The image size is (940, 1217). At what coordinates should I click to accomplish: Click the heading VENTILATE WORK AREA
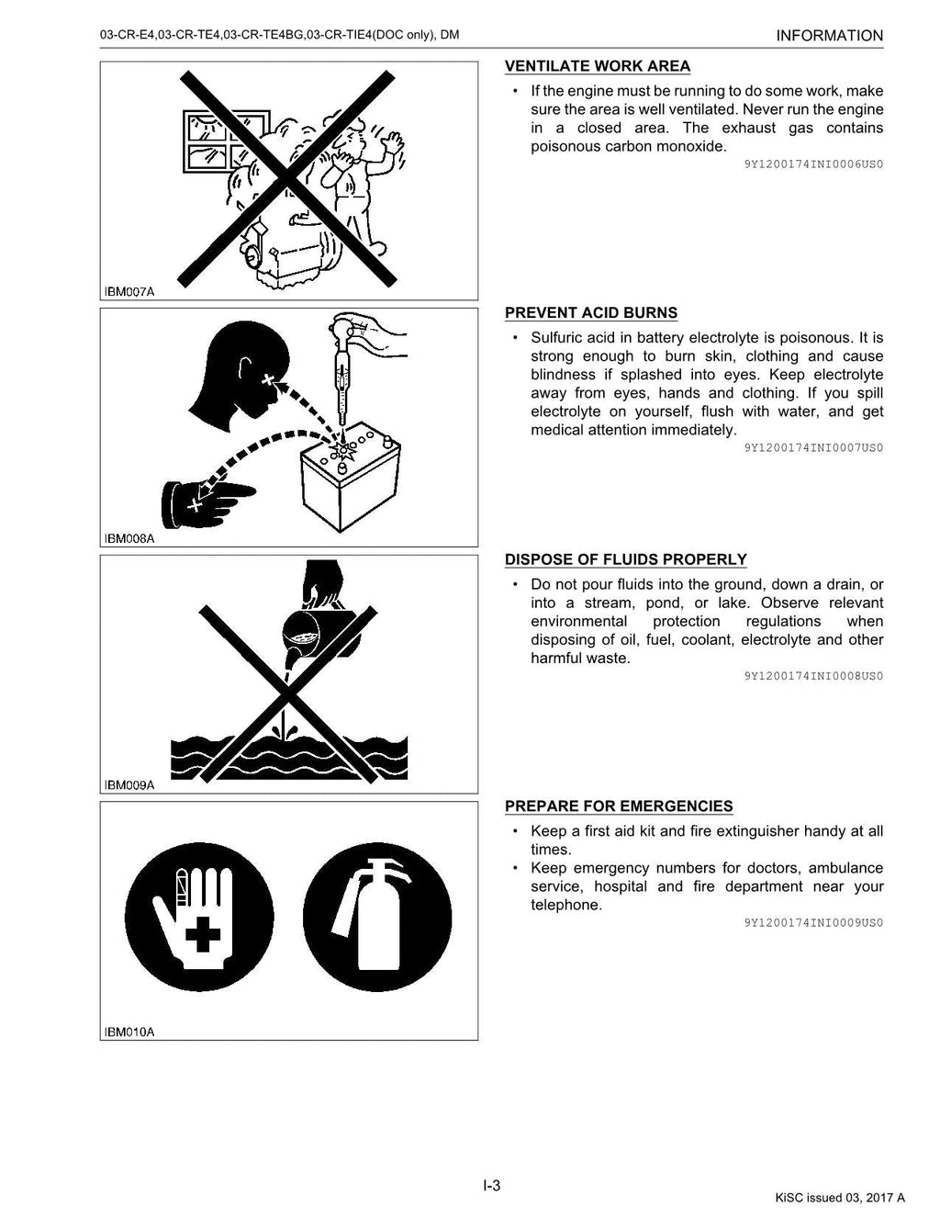click(x=598, y=66)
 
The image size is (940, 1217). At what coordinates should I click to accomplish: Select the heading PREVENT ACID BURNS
click(x=591, y=313)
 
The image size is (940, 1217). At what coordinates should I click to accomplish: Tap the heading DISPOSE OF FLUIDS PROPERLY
click(x=626, y=560)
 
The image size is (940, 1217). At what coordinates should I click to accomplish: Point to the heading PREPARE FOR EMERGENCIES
click(x=619, y=806)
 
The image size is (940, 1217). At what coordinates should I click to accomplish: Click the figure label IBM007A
click(x=129, y=292)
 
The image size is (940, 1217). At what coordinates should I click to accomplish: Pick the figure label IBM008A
click(x=129, y=539)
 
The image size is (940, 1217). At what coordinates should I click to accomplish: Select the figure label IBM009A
click(x=129, y=785)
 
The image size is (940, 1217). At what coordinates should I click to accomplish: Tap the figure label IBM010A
click(x=129, y=1031)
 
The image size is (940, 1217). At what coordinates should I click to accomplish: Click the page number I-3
click(x=492, y=1186)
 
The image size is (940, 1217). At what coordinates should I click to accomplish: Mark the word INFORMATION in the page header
click(x=829, y=36)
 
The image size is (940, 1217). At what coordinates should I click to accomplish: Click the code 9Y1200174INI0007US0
click(x=813, y=448)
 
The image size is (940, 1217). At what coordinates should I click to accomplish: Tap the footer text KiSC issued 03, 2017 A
click(x=839, y=1197)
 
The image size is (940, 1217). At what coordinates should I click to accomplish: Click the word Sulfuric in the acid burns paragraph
click(x=559, y=338)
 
